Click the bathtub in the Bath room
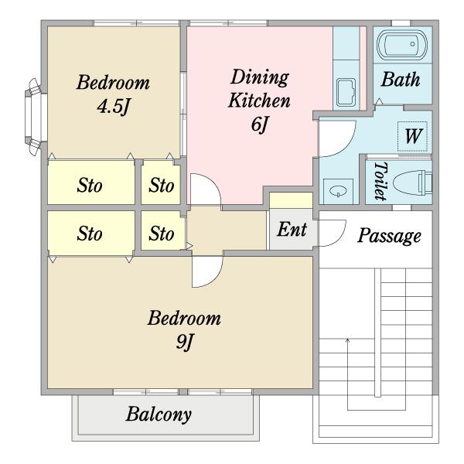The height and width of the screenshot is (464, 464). pyautogui.click(x=402, y=44)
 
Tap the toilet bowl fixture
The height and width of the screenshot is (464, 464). pyautogui.click(x=412, y=183)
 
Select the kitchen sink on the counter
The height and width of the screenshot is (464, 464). pyautogui.click(x=346, y=92)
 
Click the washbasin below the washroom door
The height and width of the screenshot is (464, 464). pyautogui.click(x=338, y=191)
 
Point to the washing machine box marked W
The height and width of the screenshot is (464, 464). pyautogui.click(x=412, y=137)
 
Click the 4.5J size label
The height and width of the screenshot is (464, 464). pyautogui.click(x=114, y=107)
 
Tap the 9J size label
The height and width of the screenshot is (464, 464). pyautogui.click(x=184, y=342)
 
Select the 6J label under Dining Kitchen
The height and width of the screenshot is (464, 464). pyautogui.click(x=260, y=125)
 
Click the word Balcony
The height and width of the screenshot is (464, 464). pyautogui.click(x=159, y=415)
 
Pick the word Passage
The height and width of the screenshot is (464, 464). pyautogui.click(x=389, y=236)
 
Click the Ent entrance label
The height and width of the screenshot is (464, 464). pyautogui.click(x=292, y=230)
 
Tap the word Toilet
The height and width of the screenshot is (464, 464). pyautogui.click(x=380, y=181)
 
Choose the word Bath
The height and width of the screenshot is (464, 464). pyautogui.click(x=401, y=80)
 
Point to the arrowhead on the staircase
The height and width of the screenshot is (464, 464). pyautogui.click(x=348, y=339)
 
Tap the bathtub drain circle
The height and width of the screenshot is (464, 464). pyautogui.click(x=412, y=44)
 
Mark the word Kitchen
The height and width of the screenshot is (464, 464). pyautogui.click(x=259, y=101)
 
